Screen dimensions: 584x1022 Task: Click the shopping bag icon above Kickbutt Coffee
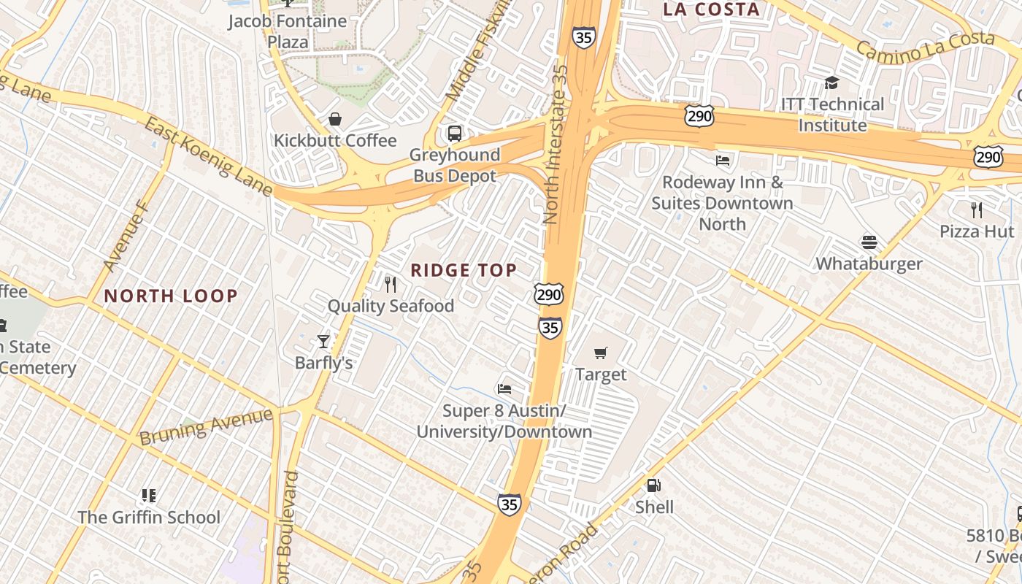(335, 118)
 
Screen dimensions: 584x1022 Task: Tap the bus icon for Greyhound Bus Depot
(454, 134)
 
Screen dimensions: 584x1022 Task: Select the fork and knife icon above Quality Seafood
(391, 284)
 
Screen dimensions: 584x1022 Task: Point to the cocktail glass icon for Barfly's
(323, 341)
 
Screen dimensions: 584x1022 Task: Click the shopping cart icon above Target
(601, 353)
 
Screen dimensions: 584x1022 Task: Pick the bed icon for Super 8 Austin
(504, 388)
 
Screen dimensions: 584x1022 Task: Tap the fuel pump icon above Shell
(653, 485)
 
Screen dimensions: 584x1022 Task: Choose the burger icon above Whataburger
(869, 242)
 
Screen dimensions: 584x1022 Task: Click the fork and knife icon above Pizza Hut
(977, 210)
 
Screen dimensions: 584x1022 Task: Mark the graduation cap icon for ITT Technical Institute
(831, 82)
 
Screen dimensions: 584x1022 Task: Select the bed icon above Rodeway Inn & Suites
(723, 161)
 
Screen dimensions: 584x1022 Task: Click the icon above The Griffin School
(149, 496)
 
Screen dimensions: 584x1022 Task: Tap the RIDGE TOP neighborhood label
(464, 271)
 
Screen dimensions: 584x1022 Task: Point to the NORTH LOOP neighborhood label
(171, 296)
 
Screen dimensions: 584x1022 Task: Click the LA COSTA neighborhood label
(711, 9)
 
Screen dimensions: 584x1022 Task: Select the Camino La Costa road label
(925, 46)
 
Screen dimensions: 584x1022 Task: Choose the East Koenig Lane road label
(208, 157)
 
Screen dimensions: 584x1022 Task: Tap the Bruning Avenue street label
(206, 426)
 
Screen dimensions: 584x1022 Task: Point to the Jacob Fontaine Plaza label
(288, 31)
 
